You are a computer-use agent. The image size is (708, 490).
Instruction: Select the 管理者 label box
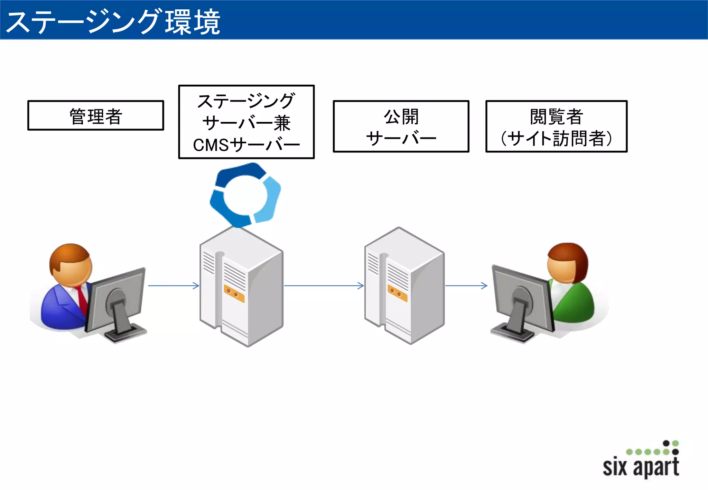[x=95, y=115]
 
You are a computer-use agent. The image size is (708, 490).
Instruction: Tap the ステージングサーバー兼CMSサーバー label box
[x=246, y=122]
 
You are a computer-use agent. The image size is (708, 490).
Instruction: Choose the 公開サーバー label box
[x=401, y=126]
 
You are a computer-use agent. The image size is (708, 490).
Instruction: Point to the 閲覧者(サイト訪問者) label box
[x=556, y=126]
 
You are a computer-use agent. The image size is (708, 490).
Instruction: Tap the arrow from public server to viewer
[x=466, y=285]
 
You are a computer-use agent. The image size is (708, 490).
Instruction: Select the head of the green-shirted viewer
[x=567, y=263]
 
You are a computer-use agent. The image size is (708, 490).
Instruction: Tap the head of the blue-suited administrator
[x=71, y=264]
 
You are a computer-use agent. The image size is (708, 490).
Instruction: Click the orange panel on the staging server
[x=234, y=294]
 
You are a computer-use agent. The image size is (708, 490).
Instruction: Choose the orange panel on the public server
[x=397, y=293]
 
